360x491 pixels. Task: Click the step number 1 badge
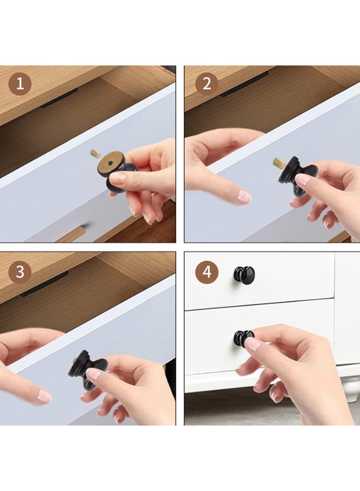coord(20,85)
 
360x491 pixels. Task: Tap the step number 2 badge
coord(206,85)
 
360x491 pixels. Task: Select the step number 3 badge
coord(20,272)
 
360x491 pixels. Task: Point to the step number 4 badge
coord(206,272)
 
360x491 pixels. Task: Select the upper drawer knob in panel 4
coord(244,274)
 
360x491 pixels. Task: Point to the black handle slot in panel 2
coord(244,85)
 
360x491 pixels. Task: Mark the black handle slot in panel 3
coord(44,284)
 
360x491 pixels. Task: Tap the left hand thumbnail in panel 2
coord(244,196)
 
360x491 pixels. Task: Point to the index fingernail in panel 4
coord(253,344)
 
